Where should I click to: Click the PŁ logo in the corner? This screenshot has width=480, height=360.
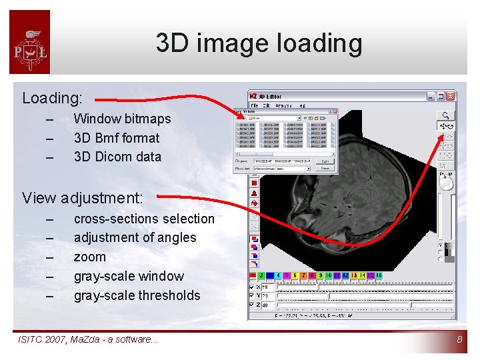(x=29, y=43)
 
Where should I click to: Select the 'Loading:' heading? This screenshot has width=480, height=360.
(x=52, y=98)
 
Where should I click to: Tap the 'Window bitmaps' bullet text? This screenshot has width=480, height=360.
(x=122, y=119)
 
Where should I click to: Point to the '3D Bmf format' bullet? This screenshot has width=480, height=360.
(x=117, y=138)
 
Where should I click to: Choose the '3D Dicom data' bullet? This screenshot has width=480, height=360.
(x=117, y=157)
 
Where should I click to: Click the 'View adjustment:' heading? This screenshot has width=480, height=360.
(x=82, y=198)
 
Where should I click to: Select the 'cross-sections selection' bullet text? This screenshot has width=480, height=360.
(x=144, y=219)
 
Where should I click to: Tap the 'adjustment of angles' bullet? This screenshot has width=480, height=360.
(x=135, y=237)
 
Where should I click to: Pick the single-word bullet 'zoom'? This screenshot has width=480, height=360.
(x=89, y=257)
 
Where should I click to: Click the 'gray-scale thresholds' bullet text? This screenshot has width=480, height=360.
(x=137, y=295)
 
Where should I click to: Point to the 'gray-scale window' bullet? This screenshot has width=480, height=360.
(x=129, y=276)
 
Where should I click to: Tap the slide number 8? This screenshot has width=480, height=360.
(x=459, y=340)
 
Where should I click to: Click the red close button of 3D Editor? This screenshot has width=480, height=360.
(x=451, y=96)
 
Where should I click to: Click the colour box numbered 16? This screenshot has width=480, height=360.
(x=378, y=275)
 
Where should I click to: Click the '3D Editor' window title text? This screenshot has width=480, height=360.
(x=271, y=97)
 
